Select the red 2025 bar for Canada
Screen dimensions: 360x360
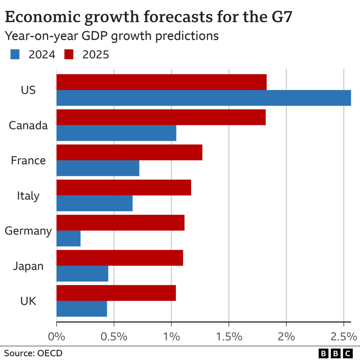pyautogui.click(x=161, y=117)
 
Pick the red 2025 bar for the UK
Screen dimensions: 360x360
pyautogui.click(x=116, y=293)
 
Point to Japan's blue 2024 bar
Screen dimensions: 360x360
pyautogui.click(x=82, y=274)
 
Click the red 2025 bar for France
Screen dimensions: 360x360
pyautogui.click(x=129, y=152)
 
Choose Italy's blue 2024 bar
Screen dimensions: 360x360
pyautogui.click(x=94, y=204)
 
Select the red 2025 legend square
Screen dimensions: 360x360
pyautogui.click(x=69, y=55)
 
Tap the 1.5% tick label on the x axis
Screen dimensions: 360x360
pyautogui.click(x=229, y=336)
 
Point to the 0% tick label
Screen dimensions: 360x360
pyautogui.click(x=56, y=336)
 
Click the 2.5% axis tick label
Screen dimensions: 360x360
pyautogui.click(x=343, y=336)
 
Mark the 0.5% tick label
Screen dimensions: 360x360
pyautogui.click(x=114, y=336)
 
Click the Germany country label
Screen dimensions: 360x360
pyautogui.click(x=28, y=231)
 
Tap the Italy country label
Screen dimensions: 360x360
pyautogui.click(x=28, y=196)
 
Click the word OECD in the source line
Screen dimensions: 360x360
pyautogui.click(x=50, y=353)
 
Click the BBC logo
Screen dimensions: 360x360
pyautogui.click(x=335, y=353)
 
